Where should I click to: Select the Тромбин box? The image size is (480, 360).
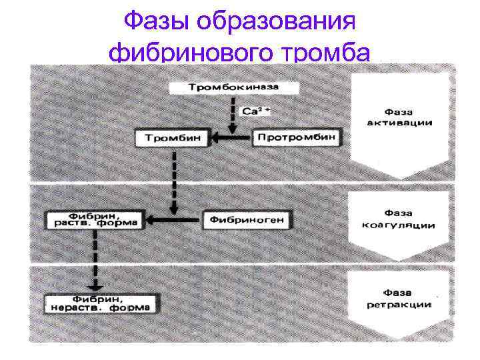point(173,139)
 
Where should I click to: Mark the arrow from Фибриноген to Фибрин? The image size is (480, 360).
point(173,219)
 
